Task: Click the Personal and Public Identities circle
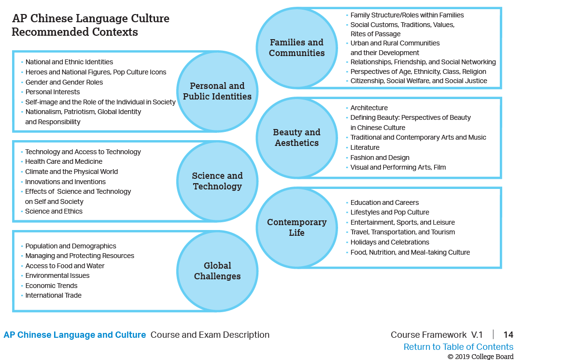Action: (x=217, y=91)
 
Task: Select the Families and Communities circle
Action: (x=297, y=48)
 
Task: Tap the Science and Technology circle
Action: (x=217, y=181)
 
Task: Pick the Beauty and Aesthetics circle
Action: (x=297, y=138)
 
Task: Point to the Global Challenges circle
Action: (x=217, y=271)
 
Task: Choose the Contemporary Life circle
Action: (x=297, y=228)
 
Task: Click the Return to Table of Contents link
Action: (x=458, y=347)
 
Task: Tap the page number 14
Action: (x=508, y=335)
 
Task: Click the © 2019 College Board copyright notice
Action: (x=480, y=357)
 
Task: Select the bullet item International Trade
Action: (x=53, y=295)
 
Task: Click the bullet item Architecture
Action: (x=369, y=108)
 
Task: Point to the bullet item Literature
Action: (x=365, y=147)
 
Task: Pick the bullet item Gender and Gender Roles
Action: (x=64, y=82)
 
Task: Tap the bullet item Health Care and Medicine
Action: (x=64, y=161)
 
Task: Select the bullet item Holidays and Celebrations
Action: (x=390, y=242)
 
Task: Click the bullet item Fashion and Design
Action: (x=380, y=158)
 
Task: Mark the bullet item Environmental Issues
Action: (x=57, y=275)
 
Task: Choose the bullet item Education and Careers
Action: (x=384, y=202)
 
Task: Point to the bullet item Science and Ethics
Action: (x=54, y=211)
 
